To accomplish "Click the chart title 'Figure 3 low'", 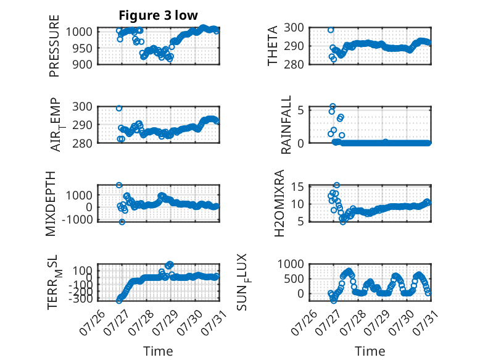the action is pos(159,15).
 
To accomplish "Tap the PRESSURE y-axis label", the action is pos(54,46).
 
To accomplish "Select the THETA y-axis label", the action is pos(272,46).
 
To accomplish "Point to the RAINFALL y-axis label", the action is pos(286,124).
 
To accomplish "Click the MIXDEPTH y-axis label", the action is pos(51,204).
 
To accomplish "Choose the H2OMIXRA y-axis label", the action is pos(279,203).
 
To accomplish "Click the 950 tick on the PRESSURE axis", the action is pos(82,48).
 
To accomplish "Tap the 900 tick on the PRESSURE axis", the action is pos(82,64).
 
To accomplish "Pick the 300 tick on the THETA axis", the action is pos(294,28).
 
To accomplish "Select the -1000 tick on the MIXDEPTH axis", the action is pos(77,219).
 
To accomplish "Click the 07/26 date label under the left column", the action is pos(93,322).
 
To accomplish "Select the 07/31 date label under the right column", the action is pos(425,322).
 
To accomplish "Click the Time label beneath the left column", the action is pos(158,351).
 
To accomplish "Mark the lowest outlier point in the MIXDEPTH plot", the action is pos(122,222).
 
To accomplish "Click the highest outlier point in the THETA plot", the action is pos(331,30).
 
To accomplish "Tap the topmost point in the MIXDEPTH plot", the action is pos(119,185).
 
